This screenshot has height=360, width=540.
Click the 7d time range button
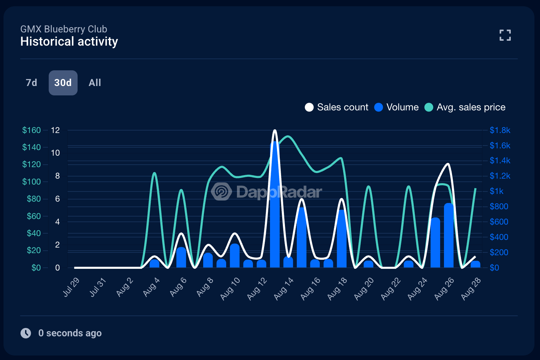click(31, 83)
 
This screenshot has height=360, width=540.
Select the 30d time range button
click(63, 83)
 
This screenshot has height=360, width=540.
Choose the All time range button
click(95, 83)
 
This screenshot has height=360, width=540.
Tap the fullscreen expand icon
click(505, 35)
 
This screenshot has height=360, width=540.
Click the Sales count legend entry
click(337, 107)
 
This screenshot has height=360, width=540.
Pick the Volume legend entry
click(397, 107)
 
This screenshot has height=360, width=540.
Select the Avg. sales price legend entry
click(465, 107)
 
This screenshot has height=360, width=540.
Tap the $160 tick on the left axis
click(31, 130)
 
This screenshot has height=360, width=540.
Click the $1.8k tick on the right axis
click(500, 130)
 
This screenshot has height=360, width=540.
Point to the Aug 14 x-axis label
click(284, 289)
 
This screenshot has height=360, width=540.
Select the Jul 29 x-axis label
click(71, 287)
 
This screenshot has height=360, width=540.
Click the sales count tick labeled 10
click(55, 153)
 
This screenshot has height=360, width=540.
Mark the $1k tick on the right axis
click(497, 191)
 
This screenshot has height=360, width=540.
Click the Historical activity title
click(69, 42)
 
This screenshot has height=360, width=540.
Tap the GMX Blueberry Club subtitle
click(64, 29)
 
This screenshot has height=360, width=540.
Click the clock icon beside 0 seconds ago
click(26, 333)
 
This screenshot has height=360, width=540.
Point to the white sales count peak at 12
click(275, 131)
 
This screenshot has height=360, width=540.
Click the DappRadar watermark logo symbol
click(222, 191)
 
